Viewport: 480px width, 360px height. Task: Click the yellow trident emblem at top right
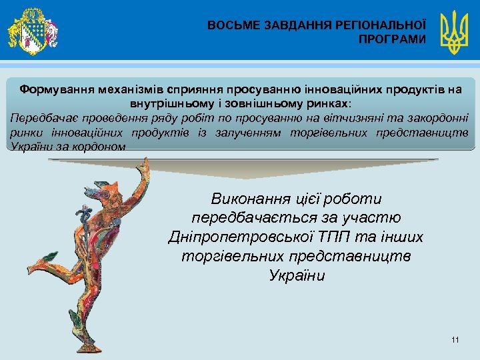[455, 31]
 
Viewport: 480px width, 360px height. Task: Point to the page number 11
[455, 341]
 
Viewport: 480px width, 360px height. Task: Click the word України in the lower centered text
[297, 276]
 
